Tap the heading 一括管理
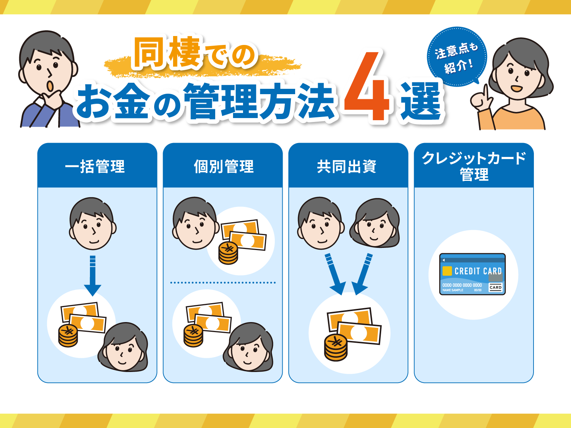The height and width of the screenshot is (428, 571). [x=95, y=166]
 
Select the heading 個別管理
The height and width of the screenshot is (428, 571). [x=224, y=166]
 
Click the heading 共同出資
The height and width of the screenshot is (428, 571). [x=347, y=166]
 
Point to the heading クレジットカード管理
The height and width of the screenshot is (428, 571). [x=474, y=166]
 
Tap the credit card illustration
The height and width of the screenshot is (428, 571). [x=473, y=274]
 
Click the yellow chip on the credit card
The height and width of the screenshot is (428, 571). [x=447, y=271]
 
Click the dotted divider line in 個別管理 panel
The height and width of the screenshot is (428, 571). [x=223, y=282]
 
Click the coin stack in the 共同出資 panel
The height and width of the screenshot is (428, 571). [x=336, y=347]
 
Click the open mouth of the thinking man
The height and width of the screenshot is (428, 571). [x=50, y=86]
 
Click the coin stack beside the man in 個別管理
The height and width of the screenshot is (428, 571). [x=228, y=253]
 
